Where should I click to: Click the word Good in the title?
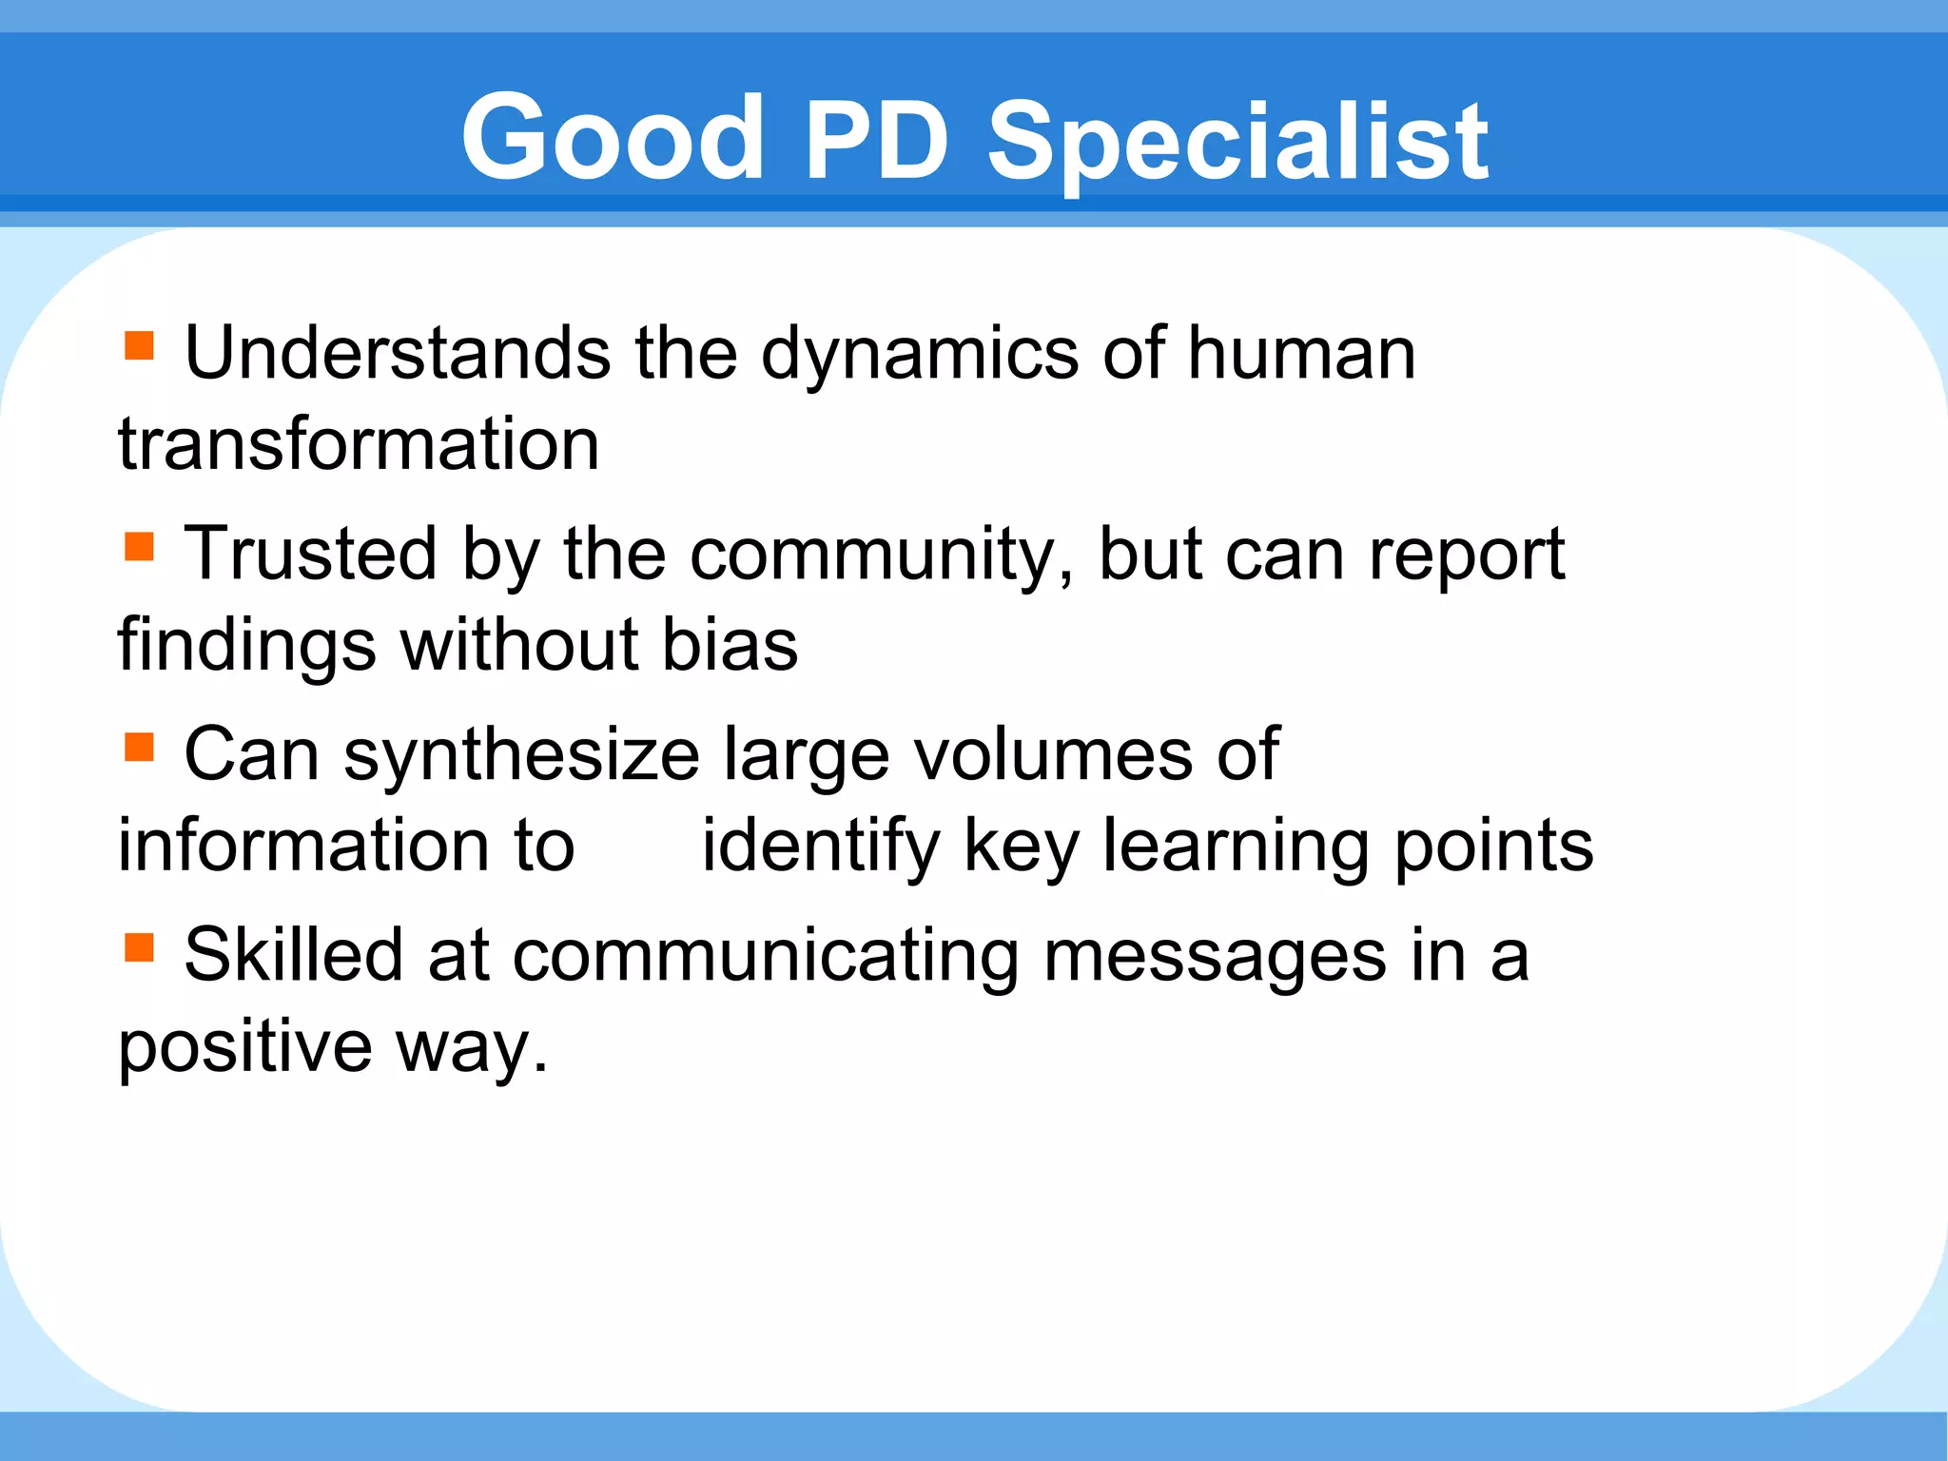pos(613,138)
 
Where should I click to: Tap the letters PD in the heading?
pos(876,140)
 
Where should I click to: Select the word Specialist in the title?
pos(1237,143)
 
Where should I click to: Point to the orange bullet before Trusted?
pos(139,546)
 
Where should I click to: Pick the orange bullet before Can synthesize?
pos(139,747)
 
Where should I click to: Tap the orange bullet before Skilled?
pos(139,947)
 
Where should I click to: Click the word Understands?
pos(398,353)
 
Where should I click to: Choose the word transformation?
pos(359,444)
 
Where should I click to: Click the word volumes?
pos(1053,754)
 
